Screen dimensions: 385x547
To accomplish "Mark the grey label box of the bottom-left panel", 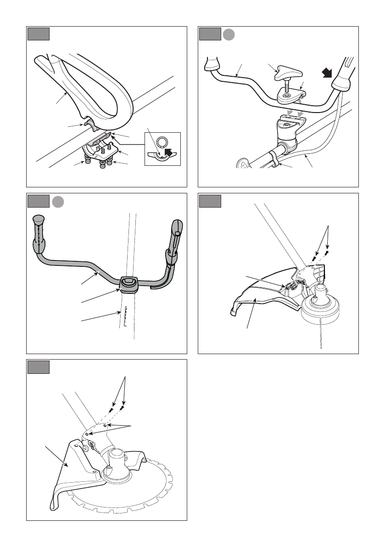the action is coord(38,367).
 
